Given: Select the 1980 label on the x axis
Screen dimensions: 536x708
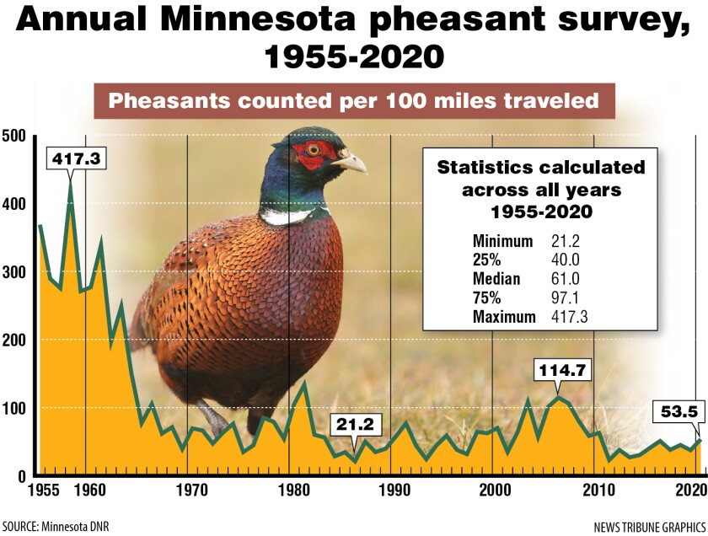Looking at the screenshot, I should coord(289,490).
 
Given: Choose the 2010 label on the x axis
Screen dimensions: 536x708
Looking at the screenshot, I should coord(597,490).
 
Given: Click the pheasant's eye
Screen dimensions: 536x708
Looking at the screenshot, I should coord(314,150).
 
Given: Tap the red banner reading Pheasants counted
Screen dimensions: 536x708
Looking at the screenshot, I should coord(353,101).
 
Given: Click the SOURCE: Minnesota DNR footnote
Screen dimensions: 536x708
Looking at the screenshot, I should coord(55,526).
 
